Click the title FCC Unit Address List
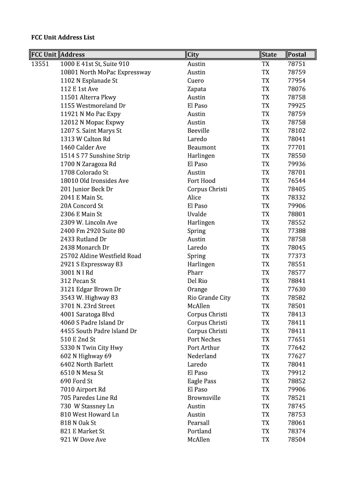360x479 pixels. tap(63, 37)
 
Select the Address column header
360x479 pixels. tap(73, 55)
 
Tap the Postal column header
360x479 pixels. tap(297, 55)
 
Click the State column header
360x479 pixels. tap(269, 55)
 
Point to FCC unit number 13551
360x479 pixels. tap(40, 64)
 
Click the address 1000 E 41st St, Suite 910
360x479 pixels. tap(95, 64)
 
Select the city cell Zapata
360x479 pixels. tap(196, 89)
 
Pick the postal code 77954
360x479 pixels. tap(296, 80)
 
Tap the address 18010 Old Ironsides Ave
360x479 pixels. tap(94, 181)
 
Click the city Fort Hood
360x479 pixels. tap(202, 181)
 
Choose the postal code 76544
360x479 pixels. tap(296, 181)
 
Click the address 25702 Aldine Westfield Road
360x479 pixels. tap(101, 256)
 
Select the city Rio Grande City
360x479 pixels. tap(209, 298)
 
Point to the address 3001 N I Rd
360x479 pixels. tap(77, 273)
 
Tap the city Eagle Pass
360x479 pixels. tap(202, 381)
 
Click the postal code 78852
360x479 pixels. tap(296, 381)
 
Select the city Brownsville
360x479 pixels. tap(204, 398)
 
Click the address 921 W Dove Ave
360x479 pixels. tap(83, 440)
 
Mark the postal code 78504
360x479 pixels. tap(296, 440)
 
